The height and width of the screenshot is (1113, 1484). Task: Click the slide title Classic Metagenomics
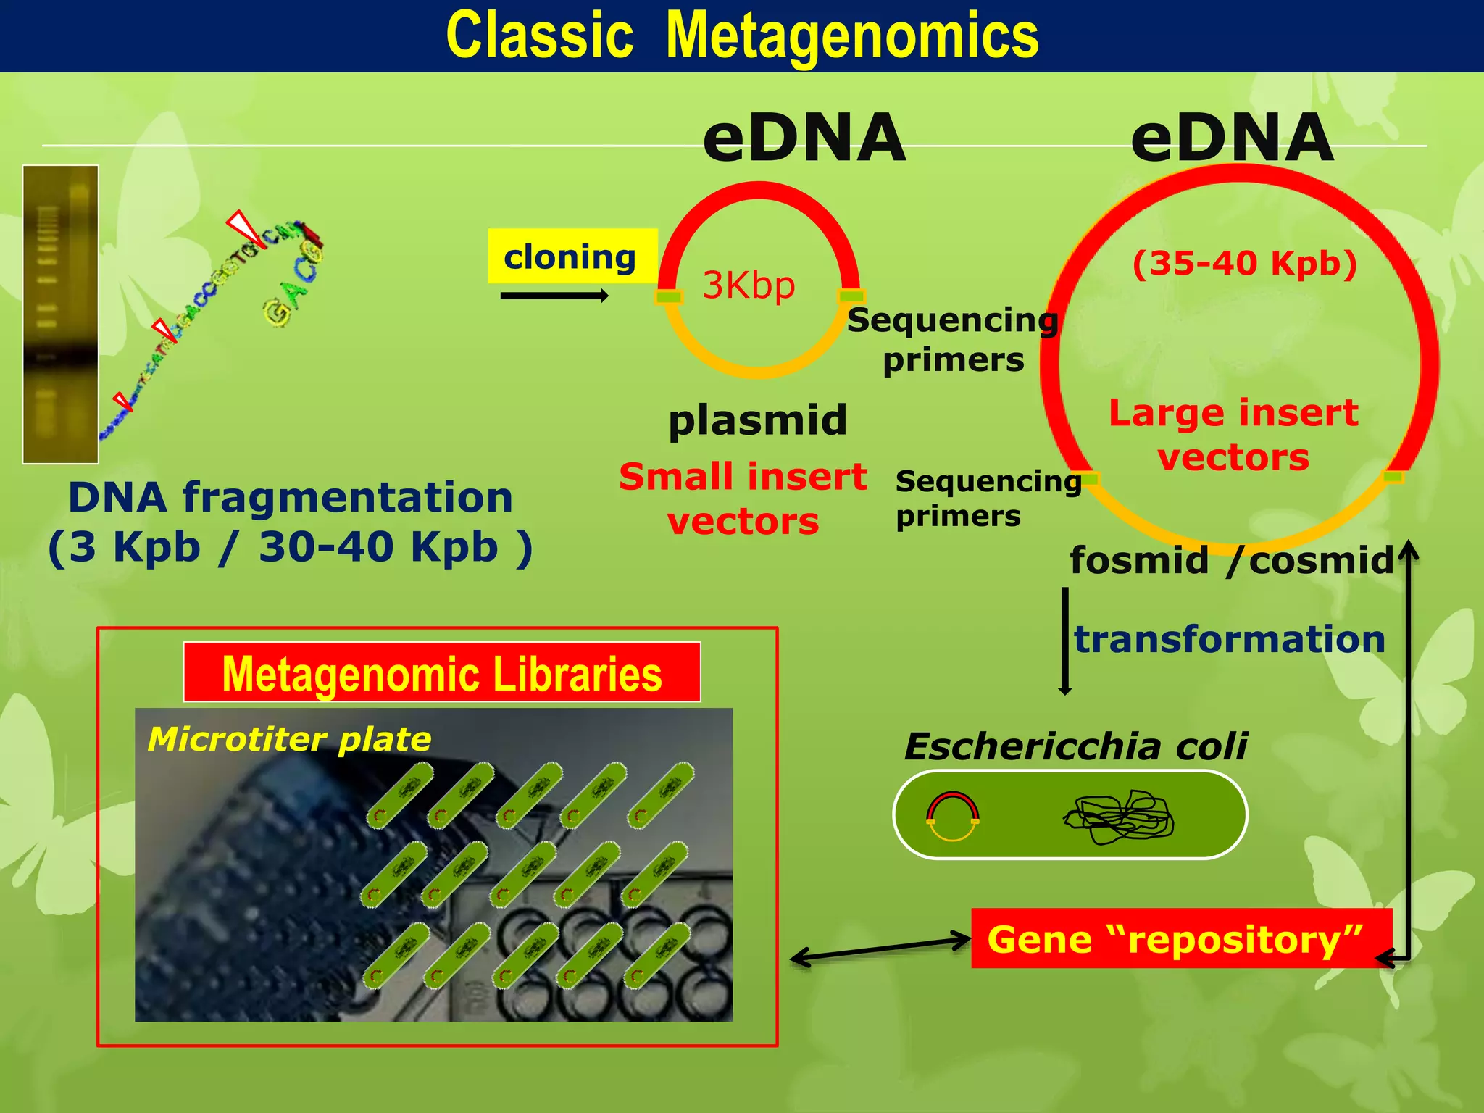(x=742, y=36)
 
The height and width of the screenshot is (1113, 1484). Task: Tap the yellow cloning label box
(x=572, y=256)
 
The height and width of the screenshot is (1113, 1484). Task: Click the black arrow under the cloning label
(x=554, y=295)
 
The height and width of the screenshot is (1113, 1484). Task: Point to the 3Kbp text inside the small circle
(x=749, y=285)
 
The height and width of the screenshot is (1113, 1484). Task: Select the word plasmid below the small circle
(x=757, y=420)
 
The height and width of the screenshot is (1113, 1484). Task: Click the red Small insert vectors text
(x=743, y=499)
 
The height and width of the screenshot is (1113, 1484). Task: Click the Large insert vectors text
(x=1233, y=435)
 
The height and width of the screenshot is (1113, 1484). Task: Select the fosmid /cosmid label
(x=1232, y=560)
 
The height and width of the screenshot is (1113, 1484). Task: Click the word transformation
(x=1229, y=639)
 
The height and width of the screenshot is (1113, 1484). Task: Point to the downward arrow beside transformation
(x=1065, y=641)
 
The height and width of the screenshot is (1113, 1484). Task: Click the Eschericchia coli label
(x=1076, y=746)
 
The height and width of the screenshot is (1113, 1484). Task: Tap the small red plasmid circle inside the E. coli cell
(x=953, y=816)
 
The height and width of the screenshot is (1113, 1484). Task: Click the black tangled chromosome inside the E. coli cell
(x=1119, y=817)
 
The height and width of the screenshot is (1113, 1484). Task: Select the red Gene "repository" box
(x=1181, y=938)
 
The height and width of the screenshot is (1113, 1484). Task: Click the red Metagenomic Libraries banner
(x=442, y=672)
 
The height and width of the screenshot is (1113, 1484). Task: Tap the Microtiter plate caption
(x=289, y=739)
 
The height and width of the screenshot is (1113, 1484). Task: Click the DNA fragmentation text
(x=291, y=522)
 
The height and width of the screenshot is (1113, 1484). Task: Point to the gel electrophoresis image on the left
(x=60, y=314)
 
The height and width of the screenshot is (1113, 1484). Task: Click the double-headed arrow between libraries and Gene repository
(x=880, y=949)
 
